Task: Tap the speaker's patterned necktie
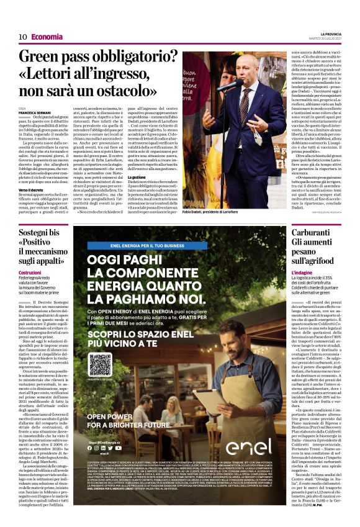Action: point(251,109)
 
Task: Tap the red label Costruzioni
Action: point(30,272)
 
